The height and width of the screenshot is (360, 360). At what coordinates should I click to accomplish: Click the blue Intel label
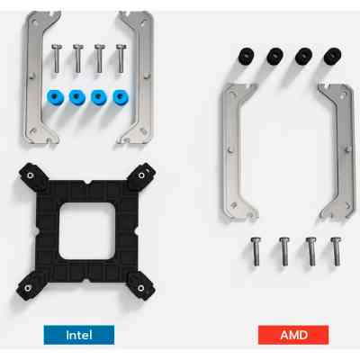(84, 334)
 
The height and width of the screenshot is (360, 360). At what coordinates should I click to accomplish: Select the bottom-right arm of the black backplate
(142, 285)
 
